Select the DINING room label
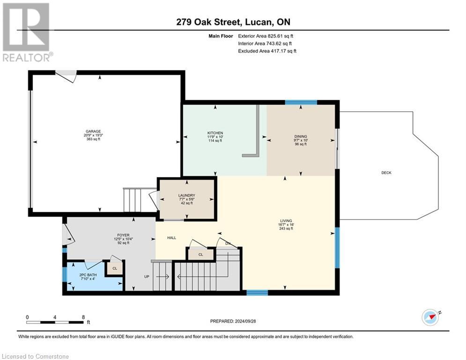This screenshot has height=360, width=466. click(300, 137)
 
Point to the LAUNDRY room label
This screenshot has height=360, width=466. click(186, 195)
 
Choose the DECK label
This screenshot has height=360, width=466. click(386, 173)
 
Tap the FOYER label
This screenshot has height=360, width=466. click(123, 235)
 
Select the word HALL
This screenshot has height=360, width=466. click(172, 238)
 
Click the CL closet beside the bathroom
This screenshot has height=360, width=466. click(114, 268)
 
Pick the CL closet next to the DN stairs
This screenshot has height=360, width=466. click(200, 255)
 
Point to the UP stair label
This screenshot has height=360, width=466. click(147, 277)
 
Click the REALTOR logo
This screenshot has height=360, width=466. click(27, 32)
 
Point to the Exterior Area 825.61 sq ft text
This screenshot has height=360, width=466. click(266, 36)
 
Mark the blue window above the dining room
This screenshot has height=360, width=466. click(301, 102)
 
